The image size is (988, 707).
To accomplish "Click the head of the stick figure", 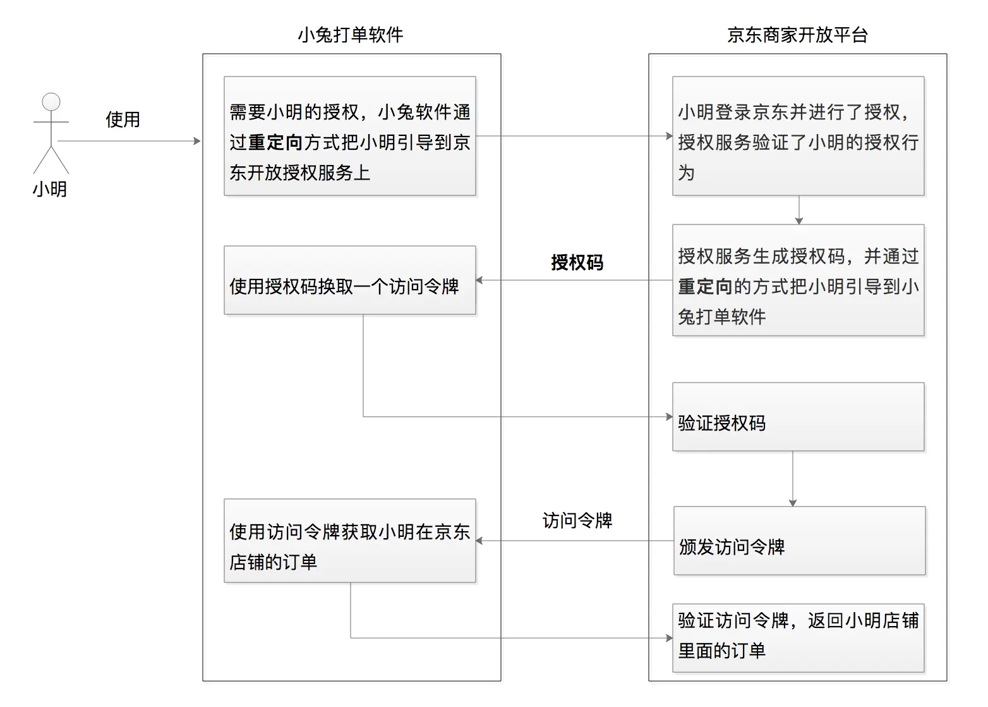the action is click(51, 102).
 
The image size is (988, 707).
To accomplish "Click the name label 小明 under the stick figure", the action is click(50, 190).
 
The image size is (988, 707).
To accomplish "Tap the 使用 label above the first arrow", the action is click(123, 120).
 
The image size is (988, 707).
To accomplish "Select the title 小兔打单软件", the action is click(351, 35).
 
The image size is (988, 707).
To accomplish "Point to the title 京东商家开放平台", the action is click(797, 35).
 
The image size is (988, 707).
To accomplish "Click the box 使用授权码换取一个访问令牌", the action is click(350, 280).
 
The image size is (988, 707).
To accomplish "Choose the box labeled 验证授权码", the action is click(798, 417).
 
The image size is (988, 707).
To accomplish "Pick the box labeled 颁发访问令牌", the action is click(799, 541).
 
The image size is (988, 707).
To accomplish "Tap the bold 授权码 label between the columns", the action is click(577, 262).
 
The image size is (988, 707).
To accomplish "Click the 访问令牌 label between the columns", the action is click(577, 520).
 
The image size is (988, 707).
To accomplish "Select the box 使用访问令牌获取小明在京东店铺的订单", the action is click(350, 541).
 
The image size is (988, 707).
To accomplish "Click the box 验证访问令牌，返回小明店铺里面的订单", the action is click(798, 638).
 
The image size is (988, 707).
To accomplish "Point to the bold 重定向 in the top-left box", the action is click(275, 142).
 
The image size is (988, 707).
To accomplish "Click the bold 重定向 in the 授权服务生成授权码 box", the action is click(705, 286).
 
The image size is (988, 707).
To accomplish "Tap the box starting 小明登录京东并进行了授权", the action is click(798, 136).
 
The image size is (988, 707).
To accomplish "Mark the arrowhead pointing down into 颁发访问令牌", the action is click(793, 503).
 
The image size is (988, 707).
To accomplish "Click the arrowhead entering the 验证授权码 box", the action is click(669, 417).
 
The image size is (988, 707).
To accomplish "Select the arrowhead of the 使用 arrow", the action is click(197, 141).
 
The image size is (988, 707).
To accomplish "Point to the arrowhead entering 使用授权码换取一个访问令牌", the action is click(479, 280).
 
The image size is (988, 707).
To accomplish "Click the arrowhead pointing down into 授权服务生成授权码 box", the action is click(798, 221).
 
